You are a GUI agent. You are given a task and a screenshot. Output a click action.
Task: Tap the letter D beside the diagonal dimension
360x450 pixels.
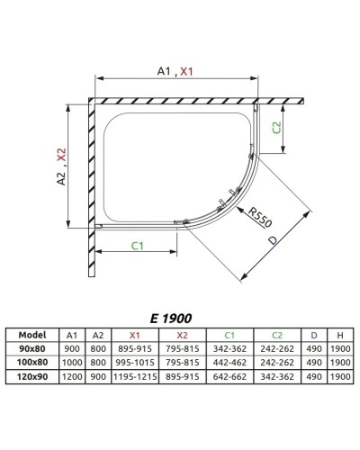pyautogui.click(x=273, y=242)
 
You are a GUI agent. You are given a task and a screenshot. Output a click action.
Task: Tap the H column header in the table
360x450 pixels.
pyautogui.click(x=339, y=333)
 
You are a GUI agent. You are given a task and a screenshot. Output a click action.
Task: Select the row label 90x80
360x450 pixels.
pyautogui.click(x=32, y=346)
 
